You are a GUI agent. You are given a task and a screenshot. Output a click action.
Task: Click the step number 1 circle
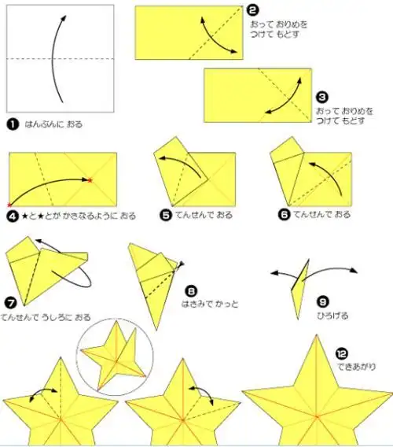(x=13, y=124)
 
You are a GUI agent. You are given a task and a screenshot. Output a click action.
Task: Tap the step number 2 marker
(x=252, y=10)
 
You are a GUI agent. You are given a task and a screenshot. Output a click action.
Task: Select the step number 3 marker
(x=321, y=97)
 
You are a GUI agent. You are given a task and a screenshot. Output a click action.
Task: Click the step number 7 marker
(x=10, y=303)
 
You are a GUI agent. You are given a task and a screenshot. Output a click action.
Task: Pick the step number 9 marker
(x=322, y=301)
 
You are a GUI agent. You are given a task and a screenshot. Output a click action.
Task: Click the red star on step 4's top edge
(x=91, y=180)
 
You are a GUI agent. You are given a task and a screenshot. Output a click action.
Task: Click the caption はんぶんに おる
(x=53, y=124)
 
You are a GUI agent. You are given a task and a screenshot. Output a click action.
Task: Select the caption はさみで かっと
(x=208, y=303)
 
